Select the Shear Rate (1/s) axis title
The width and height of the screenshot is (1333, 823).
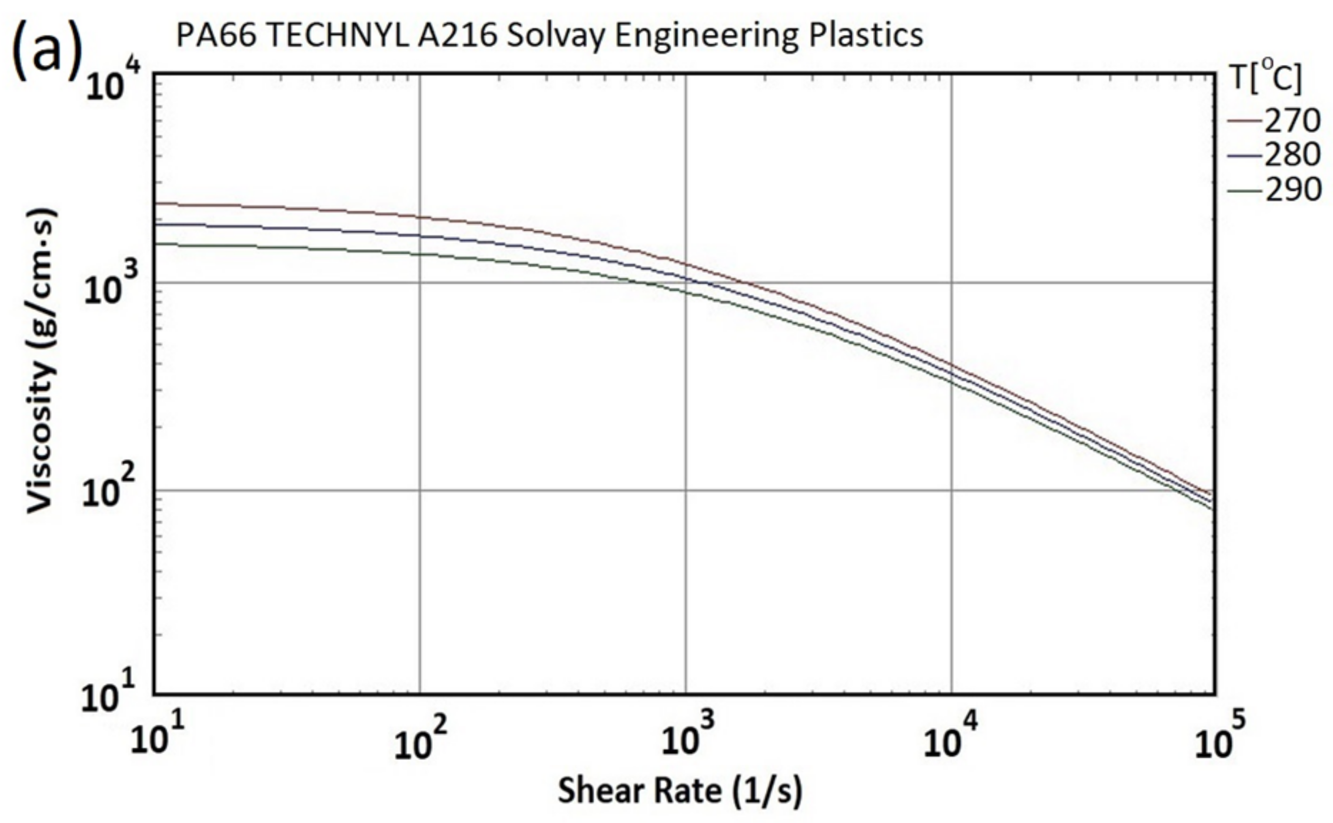coord(680,791)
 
